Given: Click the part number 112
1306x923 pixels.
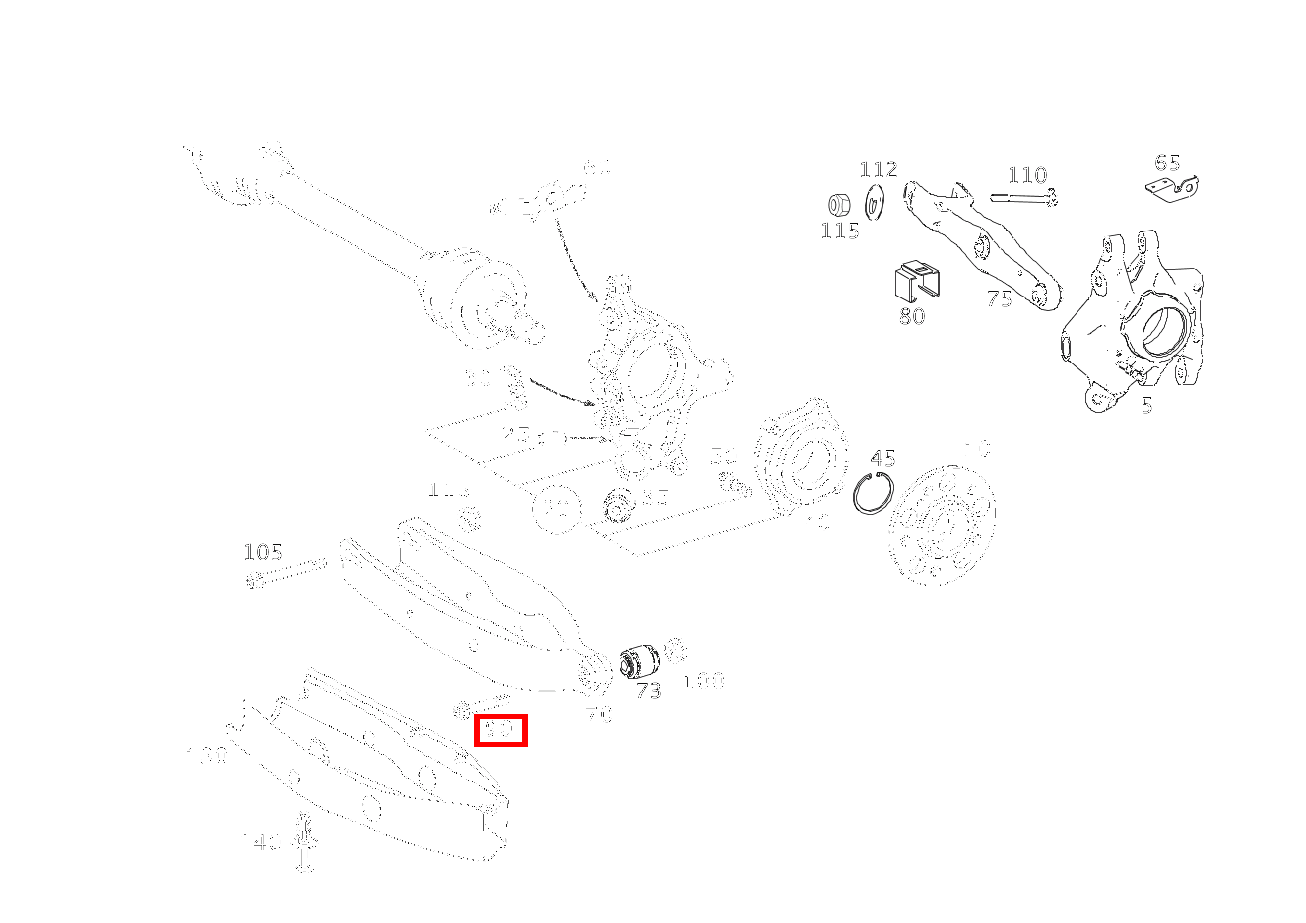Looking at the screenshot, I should click(878, 169).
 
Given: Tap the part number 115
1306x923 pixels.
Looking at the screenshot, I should click(839, 231).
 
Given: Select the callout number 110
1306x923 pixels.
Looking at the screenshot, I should click(1026, 175).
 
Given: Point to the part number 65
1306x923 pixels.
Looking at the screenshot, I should click(1167, 163).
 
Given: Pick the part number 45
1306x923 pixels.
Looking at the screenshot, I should click(883, 458).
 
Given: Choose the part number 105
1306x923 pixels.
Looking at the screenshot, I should click(263, 552).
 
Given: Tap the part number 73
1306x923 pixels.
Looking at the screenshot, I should click(648, 692).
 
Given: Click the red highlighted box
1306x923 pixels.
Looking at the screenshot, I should click(501, 730).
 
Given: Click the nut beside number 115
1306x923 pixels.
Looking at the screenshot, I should click(838, 205).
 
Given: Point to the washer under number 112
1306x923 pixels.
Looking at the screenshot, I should click(872, 203).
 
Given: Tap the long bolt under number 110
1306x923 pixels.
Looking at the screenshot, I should click(1024, 197).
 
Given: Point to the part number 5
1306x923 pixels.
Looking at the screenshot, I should click(1147, 405).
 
